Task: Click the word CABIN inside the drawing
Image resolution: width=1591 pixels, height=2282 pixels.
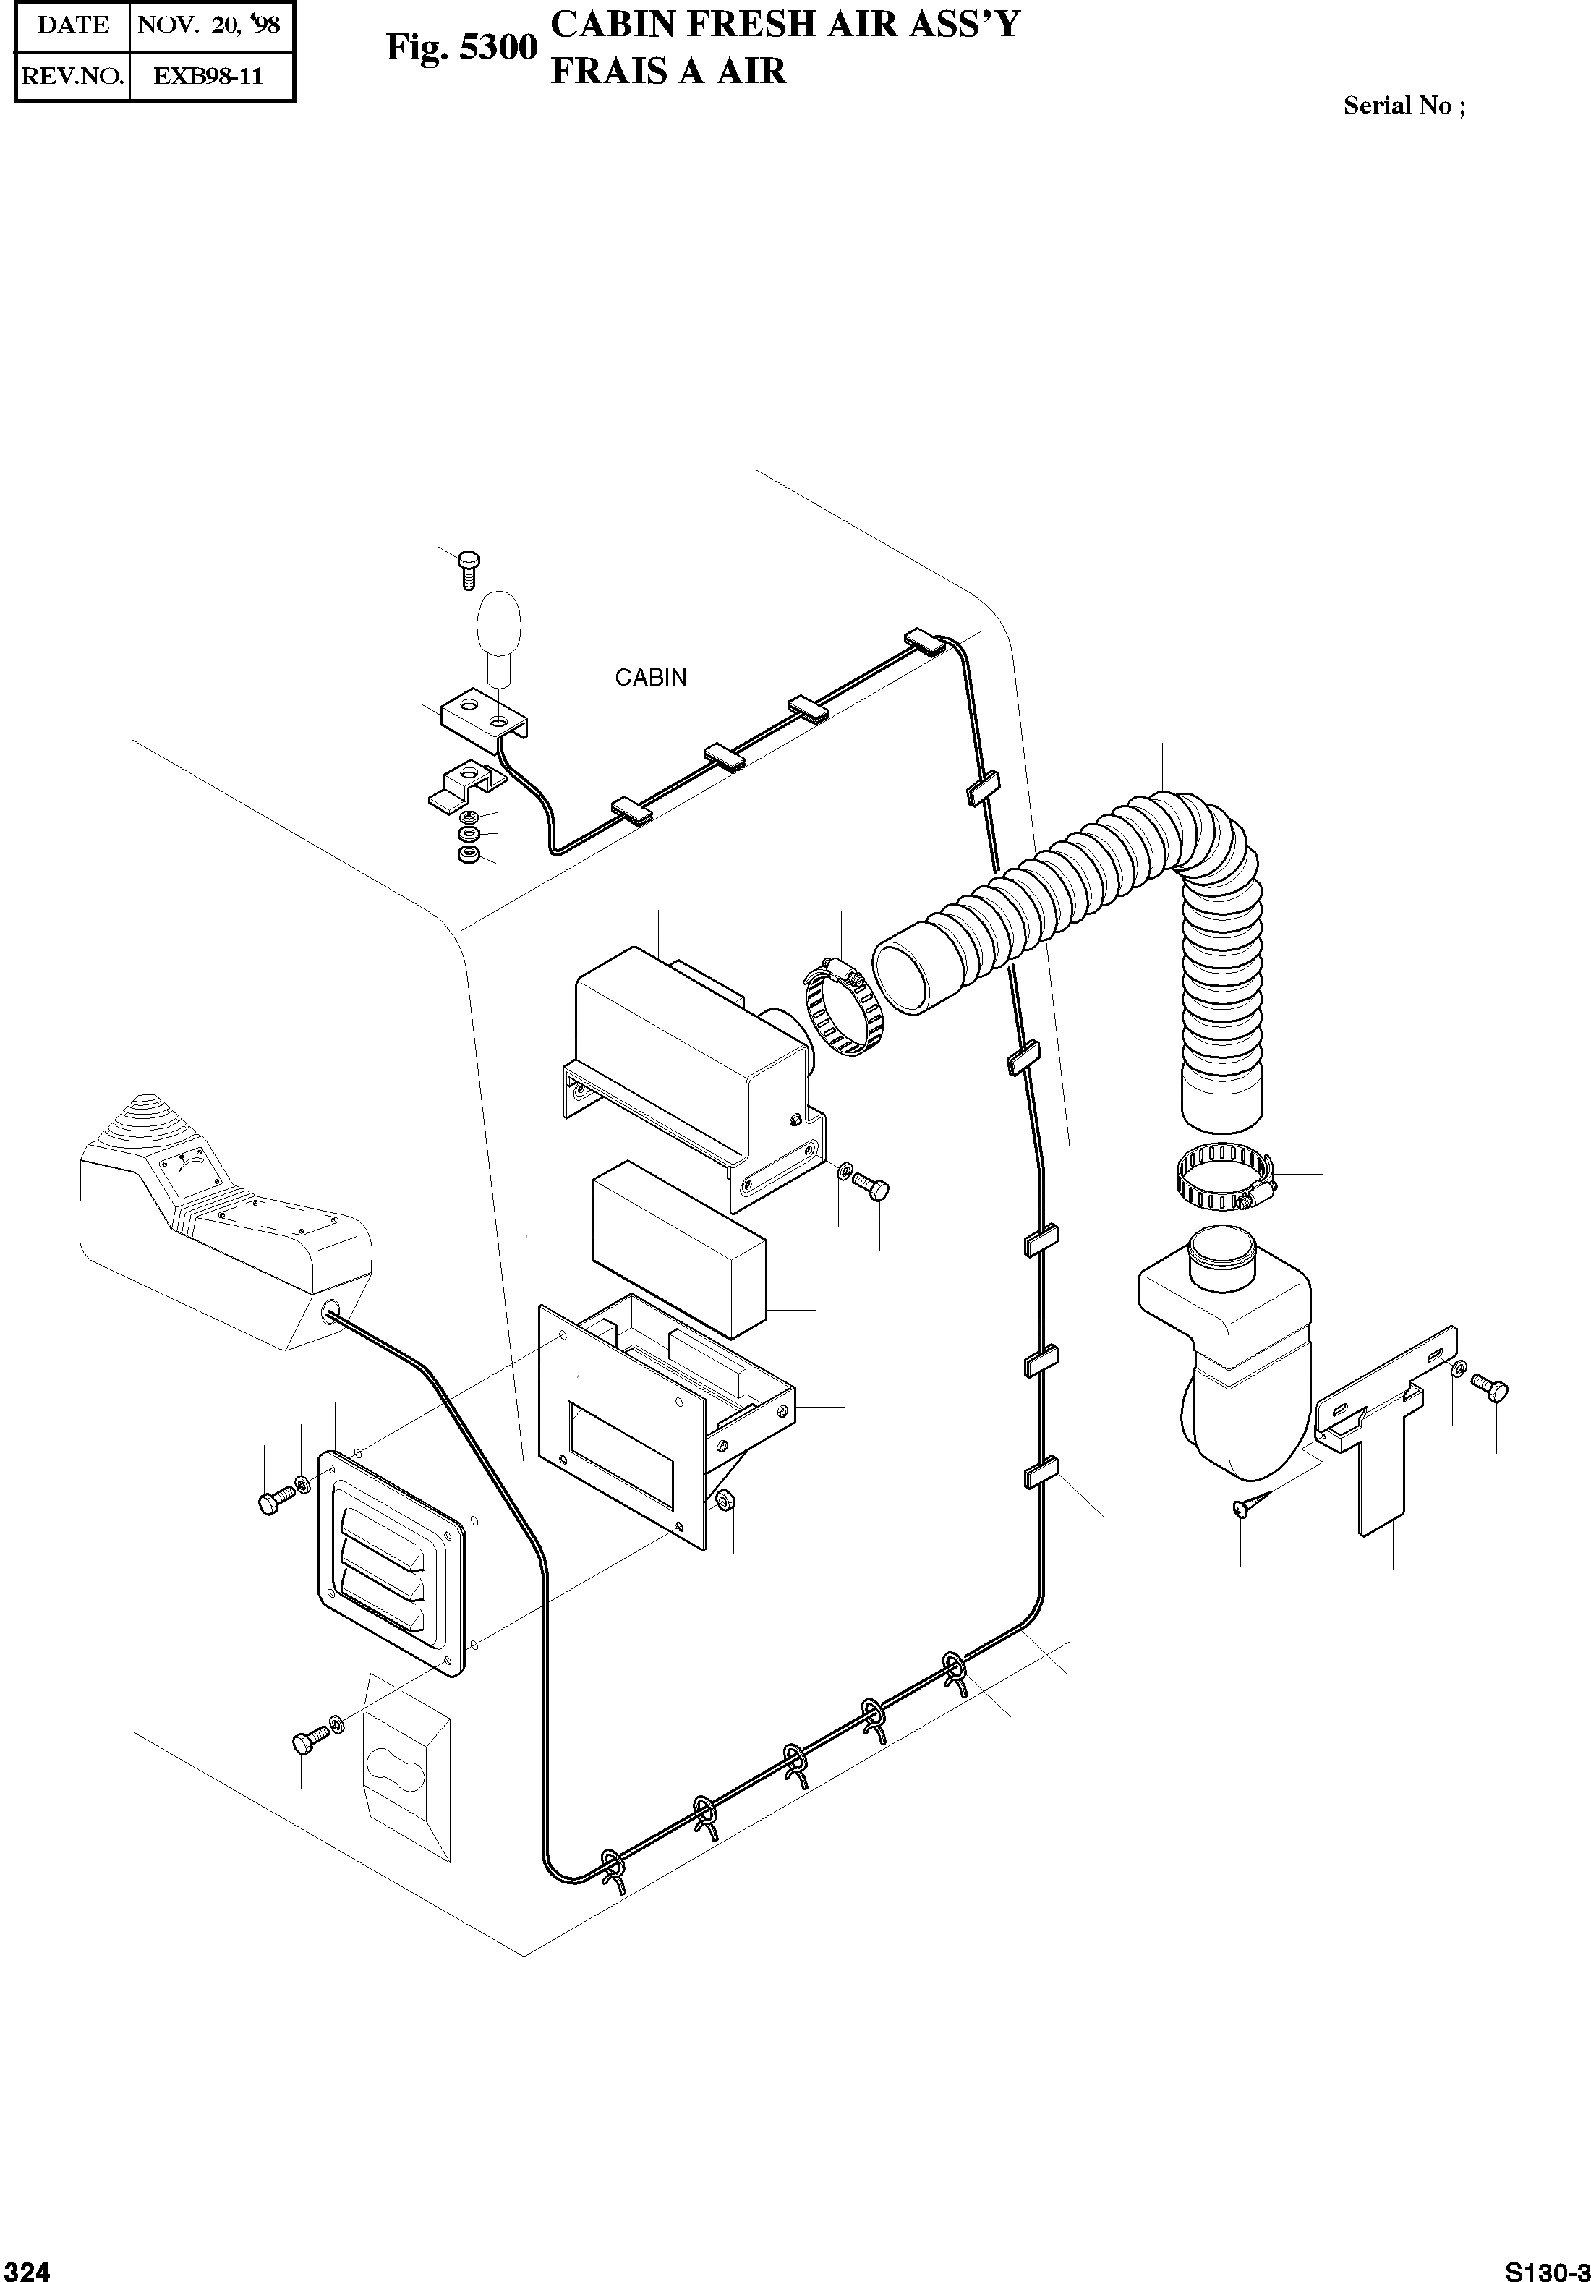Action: tap(651, 678)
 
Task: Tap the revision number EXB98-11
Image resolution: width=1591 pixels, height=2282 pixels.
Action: tap(209, 77)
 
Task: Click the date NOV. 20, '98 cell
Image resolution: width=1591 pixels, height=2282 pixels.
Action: tap(209, 25)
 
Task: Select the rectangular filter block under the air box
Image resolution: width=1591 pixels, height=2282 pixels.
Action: tap(680, 1248)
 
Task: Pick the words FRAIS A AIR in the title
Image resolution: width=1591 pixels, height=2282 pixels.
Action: tap(667, 72)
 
